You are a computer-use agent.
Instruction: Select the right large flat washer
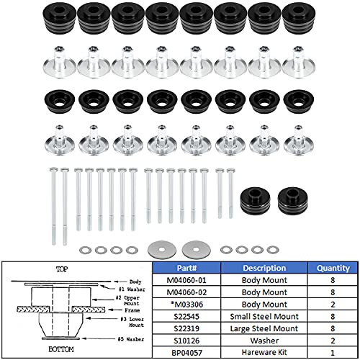(x=192, y=248)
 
